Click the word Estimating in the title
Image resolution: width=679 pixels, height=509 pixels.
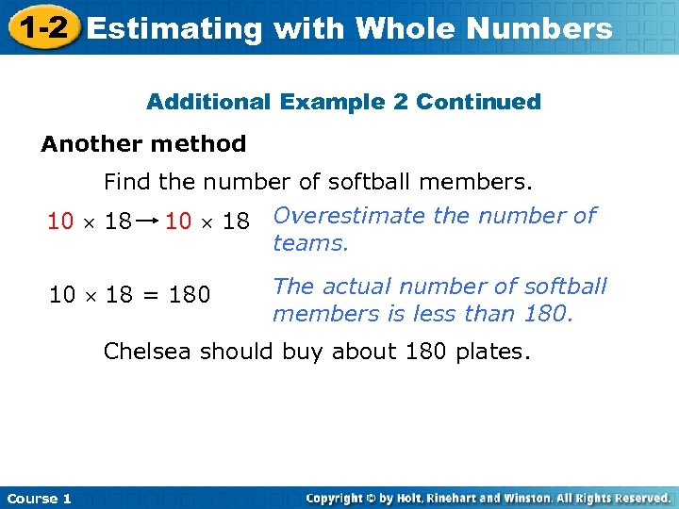pyautogui.click(x=174, y=29)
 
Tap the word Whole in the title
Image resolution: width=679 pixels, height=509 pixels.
pyautogui.click(x=406, y=29)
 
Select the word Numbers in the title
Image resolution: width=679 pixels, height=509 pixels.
pyautogui.click(x=539, y=29)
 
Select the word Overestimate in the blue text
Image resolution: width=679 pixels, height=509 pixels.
pyautogui.click(x=349, y=216)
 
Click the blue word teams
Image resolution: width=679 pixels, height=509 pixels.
pyautogui.click(x=310, y=243)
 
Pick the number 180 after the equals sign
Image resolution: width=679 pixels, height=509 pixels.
pyautogui.click(x=190, y=295)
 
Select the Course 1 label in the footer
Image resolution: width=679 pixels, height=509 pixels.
pyautogui.click(x=39, y=499)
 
